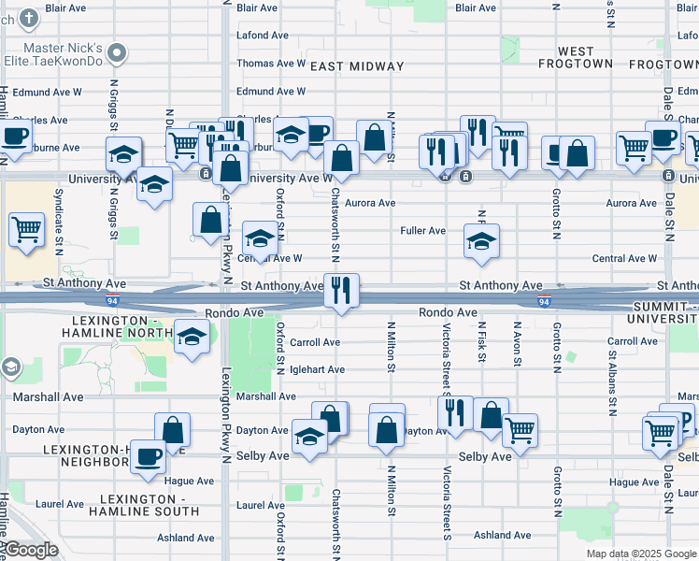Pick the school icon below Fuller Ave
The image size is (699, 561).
[481, 242]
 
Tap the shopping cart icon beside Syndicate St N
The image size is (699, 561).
[26, 229]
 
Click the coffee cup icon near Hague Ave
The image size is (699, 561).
[148, 456]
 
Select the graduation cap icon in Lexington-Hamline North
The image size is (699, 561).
[192, 338]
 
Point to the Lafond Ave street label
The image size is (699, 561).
[264, 35]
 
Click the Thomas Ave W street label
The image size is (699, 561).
[271, 64]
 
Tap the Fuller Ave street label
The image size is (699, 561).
[422, 230]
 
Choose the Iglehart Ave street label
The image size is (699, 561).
[316, 369]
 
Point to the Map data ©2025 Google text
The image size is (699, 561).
[640, 554]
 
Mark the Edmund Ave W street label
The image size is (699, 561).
[271, 92]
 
